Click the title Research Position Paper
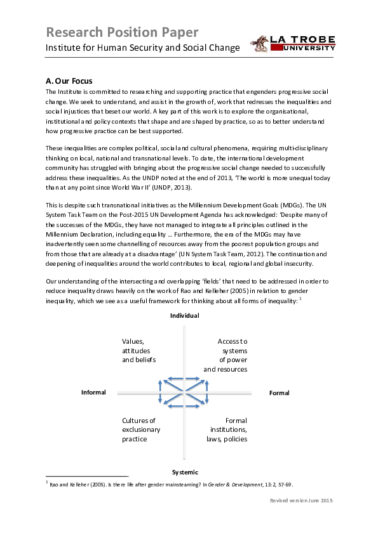122,32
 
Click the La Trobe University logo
293,44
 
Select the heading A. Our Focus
69,81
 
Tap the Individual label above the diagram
185,316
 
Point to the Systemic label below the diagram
185,472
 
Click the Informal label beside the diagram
93,393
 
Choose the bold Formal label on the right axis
279,393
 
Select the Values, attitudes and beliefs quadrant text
139,351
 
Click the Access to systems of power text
226,355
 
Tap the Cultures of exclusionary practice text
141,430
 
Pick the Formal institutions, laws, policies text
227,430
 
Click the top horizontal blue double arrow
184,379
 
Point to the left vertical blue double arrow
160,392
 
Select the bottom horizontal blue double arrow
184,406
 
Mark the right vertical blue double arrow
206,392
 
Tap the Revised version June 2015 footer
301,500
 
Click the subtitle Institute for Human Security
142,48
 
